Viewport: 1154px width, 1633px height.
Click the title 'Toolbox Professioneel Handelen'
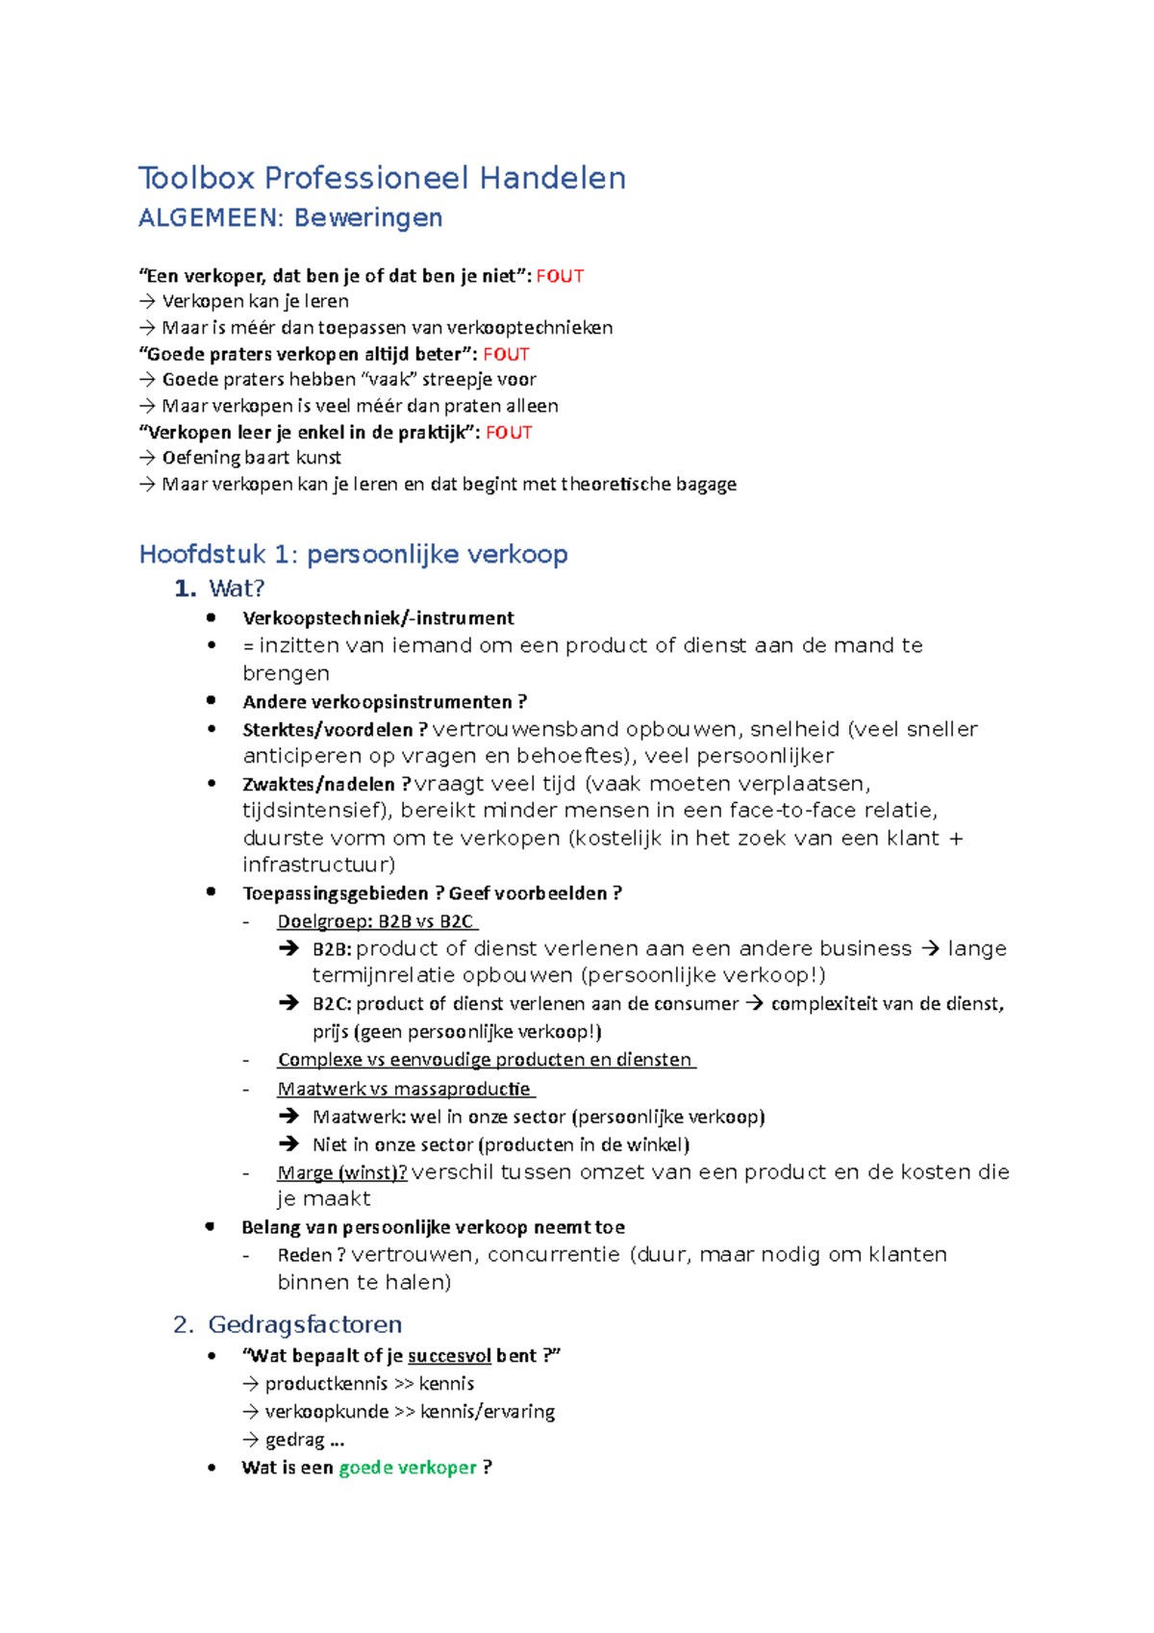(382, 178)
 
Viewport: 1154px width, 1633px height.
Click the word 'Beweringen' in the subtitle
(368, 218)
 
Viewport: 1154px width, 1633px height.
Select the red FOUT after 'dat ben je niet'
(560, 276)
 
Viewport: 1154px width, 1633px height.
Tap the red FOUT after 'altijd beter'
(506, 354)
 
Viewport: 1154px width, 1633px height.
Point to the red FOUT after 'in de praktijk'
(509, 433)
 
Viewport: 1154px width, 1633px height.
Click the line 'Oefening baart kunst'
(251, 458)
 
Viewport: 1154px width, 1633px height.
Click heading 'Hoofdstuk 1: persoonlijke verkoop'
(353, 554)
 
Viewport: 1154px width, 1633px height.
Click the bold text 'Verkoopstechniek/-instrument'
(378, 618)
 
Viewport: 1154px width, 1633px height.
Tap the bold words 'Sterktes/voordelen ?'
(335, 730)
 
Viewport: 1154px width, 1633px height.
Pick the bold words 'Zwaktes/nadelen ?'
(326, 785)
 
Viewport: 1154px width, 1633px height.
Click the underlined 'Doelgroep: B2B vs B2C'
(375, 921)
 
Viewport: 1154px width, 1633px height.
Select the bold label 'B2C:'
(332, 1004)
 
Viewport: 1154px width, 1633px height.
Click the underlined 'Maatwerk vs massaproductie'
(404, 1089)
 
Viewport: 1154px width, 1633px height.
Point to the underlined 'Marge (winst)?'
(341, 1172)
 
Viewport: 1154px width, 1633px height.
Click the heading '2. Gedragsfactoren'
(304, 1324)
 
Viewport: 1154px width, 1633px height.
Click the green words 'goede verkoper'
(408, 1468)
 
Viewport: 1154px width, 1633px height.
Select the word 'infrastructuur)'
(318, 865)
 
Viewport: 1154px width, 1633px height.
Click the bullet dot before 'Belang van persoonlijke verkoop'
(211, 1226)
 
